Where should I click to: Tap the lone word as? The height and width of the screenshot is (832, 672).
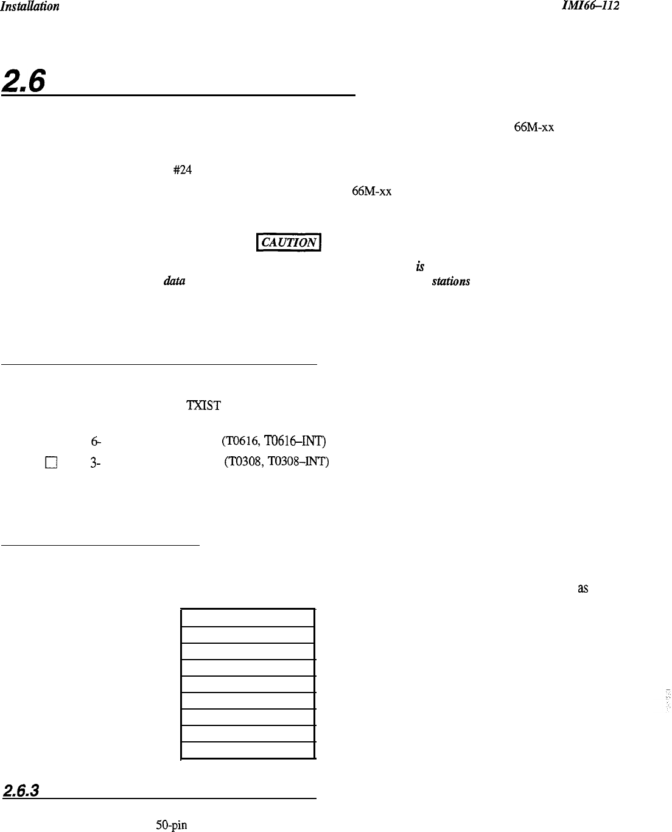tap(582, 589)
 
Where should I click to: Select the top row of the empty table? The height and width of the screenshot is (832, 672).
tap(248, 617)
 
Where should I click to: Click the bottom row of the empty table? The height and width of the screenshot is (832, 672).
tap(248, 750)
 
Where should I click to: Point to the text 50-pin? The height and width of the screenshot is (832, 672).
tap(171, 826)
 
